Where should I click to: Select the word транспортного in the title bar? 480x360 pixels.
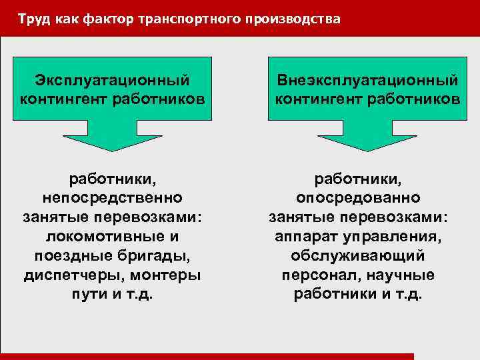[179, 19]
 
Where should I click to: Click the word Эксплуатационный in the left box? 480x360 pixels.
[111, 81]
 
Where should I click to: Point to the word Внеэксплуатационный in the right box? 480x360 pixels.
[367, 81]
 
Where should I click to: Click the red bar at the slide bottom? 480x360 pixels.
[207, 357]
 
